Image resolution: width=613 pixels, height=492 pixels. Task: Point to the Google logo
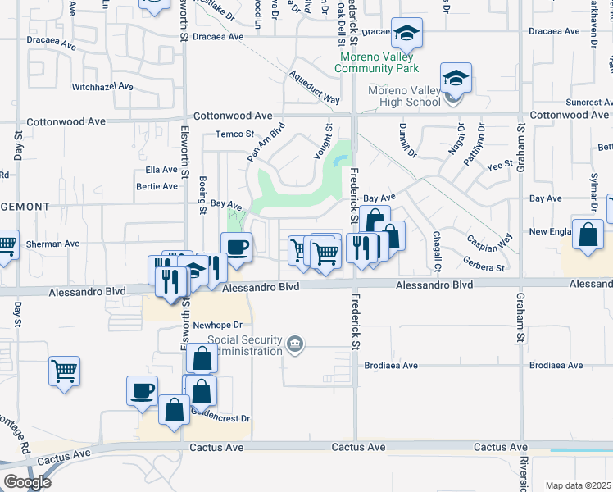tap(27, 482)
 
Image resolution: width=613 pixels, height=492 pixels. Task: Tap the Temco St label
tap(235, 134)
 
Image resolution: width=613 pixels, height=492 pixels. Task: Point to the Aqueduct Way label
tap(314, 85)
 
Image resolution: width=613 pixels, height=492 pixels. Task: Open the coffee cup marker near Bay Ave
tap(237, 245)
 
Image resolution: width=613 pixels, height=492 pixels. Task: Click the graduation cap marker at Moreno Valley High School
tap(456, 80)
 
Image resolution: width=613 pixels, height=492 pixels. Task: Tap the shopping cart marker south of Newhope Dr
tap(65, 371)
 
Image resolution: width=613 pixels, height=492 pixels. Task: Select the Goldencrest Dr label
tap(220, 418)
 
